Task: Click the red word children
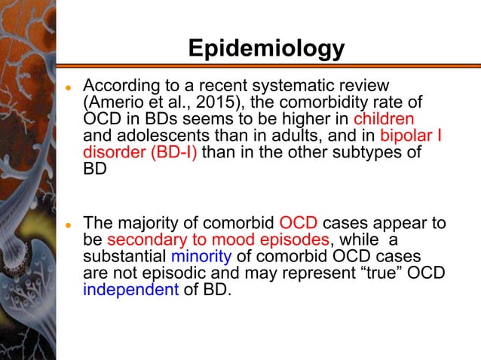pos(384,119)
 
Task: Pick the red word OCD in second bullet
pos(299,224)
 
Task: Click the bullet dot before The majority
pos(67,225)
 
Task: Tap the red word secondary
pos(142,240)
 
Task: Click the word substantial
pos(124,257)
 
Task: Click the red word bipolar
pos(407,136)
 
